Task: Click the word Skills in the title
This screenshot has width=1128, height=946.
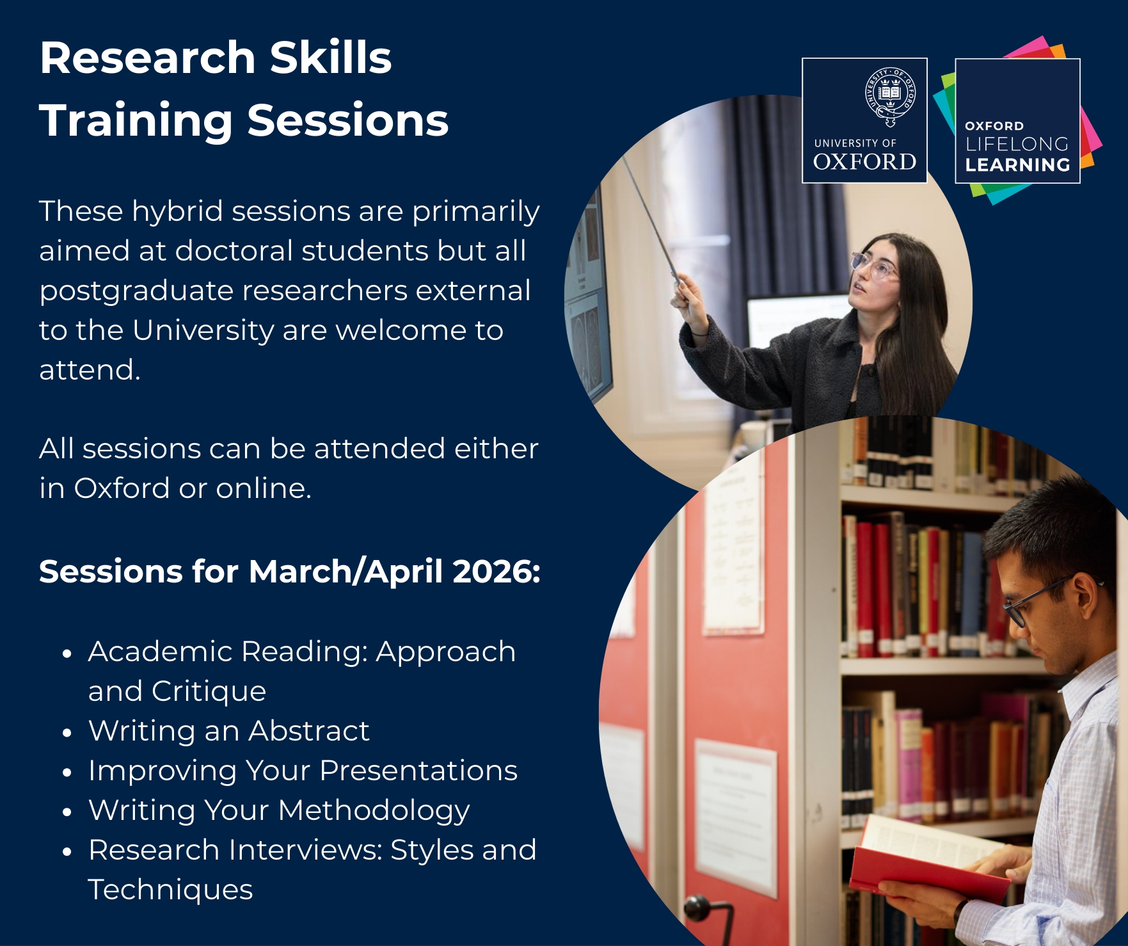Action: tap(330, 58)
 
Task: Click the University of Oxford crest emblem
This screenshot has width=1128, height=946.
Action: tap(890, 97)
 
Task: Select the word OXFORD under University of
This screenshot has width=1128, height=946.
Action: tap(864, 162)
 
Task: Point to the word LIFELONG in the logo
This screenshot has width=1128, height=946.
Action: tap(1017, 144)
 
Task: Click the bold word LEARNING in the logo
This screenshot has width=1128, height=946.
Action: tap(1017, 165)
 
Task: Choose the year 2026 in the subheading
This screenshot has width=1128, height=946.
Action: tap(496, 571)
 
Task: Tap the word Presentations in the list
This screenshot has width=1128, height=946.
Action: tap(418, 771)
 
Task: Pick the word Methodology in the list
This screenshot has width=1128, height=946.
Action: tap(374, 812)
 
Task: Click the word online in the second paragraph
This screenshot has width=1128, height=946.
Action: tap(263, 489)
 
